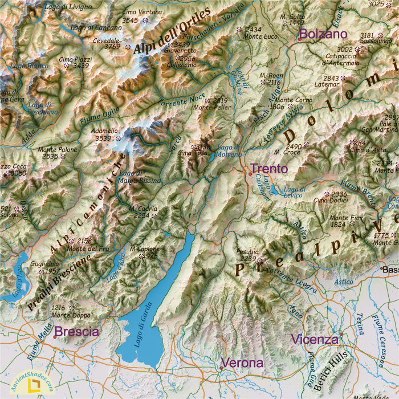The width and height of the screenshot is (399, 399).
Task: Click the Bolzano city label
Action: pyautogui.click(x=323, y=34)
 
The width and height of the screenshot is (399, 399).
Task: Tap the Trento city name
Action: pyautogui.click(x=269, y=169)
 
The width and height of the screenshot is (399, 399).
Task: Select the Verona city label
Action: pyautogui.click(x=242, y=363)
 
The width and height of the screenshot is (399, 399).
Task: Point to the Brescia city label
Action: pyautogui.click(x=77, y=332)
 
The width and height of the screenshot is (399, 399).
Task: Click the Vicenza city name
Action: pyautogui.click(x=315, y=340)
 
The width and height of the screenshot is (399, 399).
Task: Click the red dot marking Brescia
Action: pyautogui.click(x=55, y=337)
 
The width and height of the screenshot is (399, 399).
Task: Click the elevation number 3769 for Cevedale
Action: pyautogui.click(x=112, y=47)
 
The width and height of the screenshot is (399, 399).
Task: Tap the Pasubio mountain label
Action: pyautogui.click(x=247, y=251)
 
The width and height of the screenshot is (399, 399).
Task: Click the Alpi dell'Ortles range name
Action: pyautogui.click(x=173, y=31)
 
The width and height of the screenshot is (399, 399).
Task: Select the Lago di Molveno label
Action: pyautogui.click(x=229, y=151)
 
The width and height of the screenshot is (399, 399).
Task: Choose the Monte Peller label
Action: pyautogui.click(x=212, y=107)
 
